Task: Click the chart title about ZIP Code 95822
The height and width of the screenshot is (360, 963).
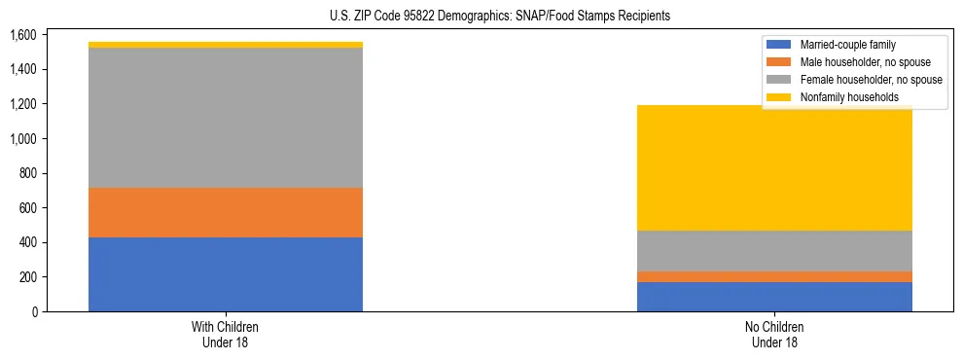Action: point(481,17)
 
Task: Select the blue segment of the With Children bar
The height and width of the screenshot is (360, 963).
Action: point(226,274)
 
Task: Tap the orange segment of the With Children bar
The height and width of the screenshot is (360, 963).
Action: point(226,212)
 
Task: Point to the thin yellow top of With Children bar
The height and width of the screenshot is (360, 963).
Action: point(226,45)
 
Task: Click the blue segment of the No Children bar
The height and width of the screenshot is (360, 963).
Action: point(774,297)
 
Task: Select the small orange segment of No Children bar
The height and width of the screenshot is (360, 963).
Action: point(774,276)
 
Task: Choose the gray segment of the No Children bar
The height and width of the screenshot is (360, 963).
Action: point(774,251)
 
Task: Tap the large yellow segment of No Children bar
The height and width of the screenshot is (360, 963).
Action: point(774,167)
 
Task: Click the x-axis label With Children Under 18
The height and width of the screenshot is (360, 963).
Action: point(226,334)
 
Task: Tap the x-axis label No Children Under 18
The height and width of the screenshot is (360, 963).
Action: point(774,334)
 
